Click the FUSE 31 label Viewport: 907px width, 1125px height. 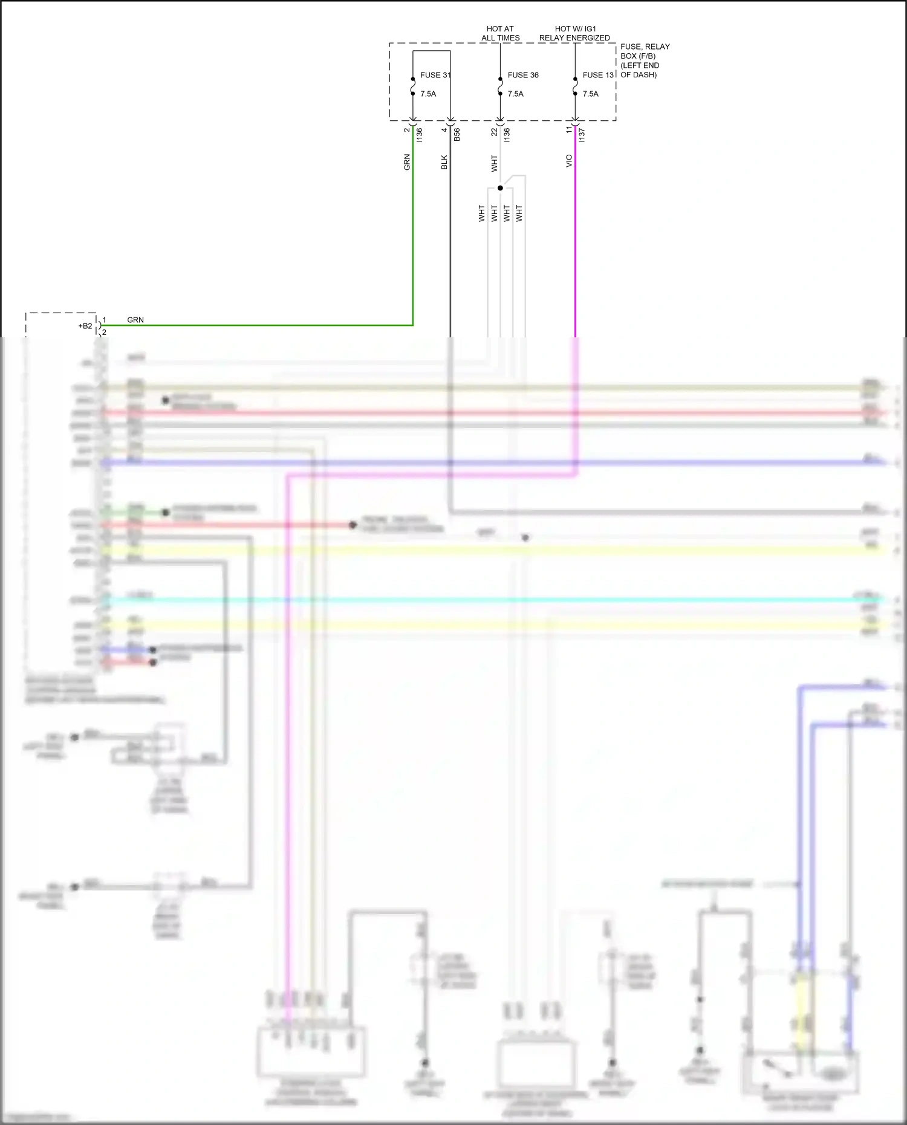point(435,75)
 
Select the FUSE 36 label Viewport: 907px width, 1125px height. point(523,75)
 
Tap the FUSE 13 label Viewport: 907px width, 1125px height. point(598,75)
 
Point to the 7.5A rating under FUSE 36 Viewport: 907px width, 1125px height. point(516,94)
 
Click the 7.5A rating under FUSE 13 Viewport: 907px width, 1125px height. point(591,94)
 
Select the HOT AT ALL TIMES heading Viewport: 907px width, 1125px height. point(500,33)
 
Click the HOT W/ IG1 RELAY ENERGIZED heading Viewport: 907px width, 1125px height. point(574,33)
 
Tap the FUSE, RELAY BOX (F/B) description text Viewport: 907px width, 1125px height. point(645,60)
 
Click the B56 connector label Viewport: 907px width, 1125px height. point(457,135)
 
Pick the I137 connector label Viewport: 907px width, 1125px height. point(582,135)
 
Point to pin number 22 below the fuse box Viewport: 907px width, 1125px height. point(494,131)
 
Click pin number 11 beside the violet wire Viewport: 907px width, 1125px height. point(568,129)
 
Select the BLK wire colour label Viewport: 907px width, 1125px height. point(444,162)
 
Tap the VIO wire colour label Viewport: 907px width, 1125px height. point(569,161)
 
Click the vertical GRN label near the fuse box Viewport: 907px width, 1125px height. point(407,162)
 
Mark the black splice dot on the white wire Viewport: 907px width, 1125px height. point(500,188)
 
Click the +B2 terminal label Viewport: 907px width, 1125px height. point(85,326)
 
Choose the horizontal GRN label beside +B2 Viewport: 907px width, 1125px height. point(135,320)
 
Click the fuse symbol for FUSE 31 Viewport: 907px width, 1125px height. point(413,86)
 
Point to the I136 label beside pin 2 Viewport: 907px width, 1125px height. point(420,135)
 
